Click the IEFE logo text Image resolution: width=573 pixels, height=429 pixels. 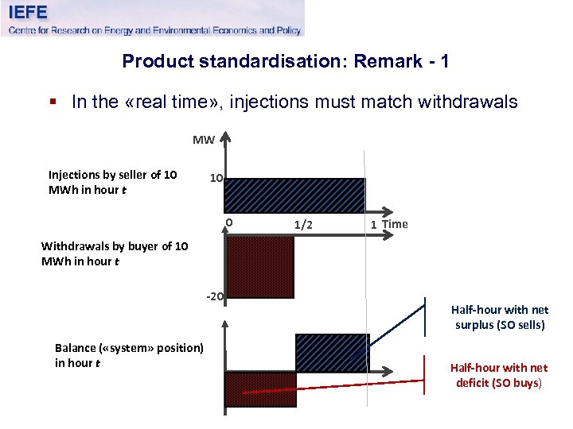click(29, 12)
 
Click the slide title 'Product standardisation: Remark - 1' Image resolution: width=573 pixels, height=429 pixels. click(286, 61)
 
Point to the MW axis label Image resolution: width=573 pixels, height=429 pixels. click(204, 141)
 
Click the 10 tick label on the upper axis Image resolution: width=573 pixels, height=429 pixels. click(216, 179)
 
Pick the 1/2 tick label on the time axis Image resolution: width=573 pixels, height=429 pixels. click(303, 225)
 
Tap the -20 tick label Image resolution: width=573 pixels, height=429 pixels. click(215, 297)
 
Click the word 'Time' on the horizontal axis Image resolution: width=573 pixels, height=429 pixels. click(395, 224)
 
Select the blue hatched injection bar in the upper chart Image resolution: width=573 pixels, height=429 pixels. click(295, 195)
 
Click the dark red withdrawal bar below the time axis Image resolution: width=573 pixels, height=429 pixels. click(260, 267)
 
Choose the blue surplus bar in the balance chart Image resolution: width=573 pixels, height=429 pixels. click(330, 353)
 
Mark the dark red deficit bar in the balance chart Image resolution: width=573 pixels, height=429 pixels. click(261, 389)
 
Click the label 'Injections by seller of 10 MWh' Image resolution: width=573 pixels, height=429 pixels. click(112, 182)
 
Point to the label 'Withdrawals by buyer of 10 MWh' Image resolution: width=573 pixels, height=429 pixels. click(115, 253)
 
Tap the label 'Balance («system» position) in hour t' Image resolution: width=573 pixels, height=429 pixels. click(129, 355)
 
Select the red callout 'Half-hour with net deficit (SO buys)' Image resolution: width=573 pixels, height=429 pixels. click(498, 375)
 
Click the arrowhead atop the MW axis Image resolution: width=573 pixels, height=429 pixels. click(226, 140)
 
